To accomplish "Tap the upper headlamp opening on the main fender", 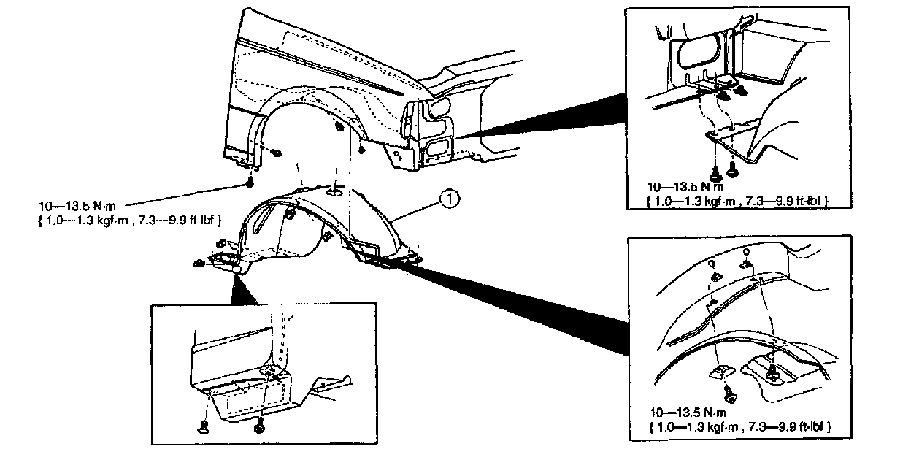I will [439, 110].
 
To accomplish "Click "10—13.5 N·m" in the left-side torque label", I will [80, 207].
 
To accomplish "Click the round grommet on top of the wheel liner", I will [334, 191].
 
